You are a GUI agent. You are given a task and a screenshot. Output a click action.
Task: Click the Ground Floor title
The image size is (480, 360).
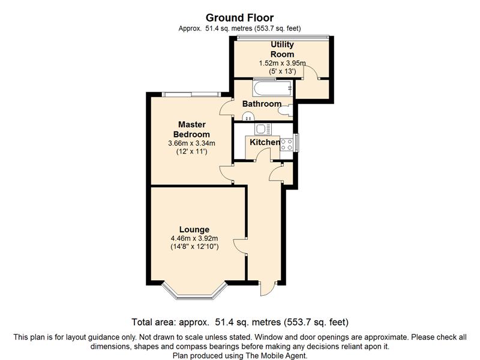(239, 18)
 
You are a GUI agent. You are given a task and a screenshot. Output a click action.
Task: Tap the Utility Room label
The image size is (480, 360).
(282, 49)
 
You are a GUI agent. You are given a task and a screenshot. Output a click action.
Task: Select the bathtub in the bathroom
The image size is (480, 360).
(272, 88)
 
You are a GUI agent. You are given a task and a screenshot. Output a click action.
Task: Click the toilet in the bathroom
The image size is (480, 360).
(286, 110)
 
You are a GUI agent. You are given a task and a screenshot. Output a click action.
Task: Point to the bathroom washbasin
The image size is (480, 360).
(248, 116)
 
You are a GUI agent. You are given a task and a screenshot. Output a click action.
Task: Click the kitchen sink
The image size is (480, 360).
(263, 129)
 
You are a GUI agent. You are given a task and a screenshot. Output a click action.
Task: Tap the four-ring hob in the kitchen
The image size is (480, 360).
(287, 145)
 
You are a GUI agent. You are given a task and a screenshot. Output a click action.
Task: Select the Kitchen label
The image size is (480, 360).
(265, 142)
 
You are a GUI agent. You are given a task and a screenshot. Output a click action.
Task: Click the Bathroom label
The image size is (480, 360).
(262, 104)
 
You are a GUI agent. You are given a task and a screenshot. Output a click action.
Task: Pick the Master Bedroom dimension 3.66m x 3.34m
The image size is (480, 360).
(191, 143)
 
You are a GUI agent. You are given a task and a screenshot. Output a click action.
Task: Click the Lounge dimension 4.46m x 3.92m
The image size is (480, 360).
(194, 238)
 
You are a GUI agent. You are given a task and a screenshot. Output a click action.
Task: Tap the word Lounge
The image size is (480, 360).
(194, 230)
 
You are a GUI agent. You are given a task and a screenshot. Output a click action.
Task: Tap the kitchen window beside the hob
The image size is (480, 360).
(296, 143)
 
